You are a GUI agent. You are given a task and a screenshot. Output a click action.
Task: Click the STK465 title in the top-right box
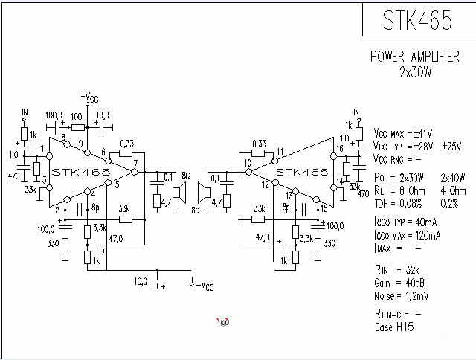pyautogui.click(x=418, y=21)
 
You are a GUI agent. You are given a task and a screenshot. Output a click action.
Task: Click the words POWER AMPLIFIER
pyautogui.click(x=414, y=57)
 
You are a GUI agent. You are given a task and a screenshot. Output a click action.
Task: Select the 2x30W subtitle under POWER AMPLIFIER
pyautogui.click(x=415, y=72)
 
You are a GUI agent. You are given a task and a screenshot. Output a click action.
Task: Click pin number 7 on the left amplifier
pyautogui.click(x=135, y=163)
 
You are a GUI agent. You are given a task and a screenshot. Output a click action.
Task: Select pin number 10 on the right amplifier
pyautogui.click(x=247, y=163)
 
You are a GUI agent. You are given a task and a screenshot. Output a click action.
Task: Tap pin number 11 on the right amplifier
pyautogui.click(x=280, y=153)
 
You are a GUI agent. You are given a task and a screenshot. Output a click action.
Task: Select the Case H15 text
pyautogui.click(x=394, y=327)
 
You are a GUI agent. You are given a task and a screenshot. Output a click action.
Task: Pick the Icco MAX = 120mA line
pyautogui.click(x=408, y=236)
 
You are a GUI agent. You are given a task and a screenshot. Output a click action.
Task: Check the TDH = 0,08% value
pyautogui.click(x=401, y=202)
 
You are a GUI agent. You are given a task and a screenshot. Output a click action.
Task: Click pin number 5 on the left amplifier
pyautogui.click(x=117, y=196)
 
